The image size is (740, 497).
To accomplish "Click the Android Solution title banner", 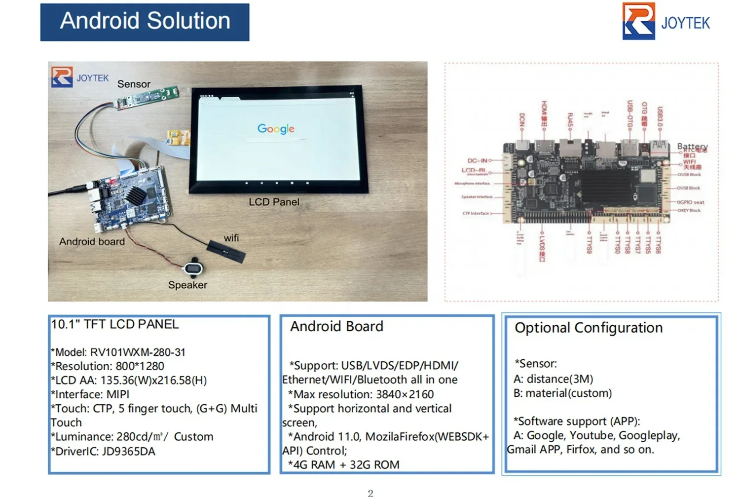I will point(145,22).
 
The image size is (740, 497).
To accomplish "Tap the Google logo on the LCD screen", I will point(276,128).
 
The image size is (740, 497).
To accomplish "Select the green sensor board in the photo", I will point(146,97).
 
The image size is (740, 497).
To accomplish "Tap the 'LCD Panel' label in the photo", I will point(274,202).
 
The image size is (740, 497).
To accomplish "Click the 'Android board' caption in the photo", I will point(92,241).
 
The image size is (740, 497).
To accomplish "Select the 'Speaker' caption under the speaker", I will point(187,285).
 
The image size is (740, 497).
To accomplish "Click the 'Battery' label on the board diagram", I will point(692,147).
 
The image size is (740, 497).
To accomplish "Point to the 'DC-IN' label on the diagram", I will point(477,160).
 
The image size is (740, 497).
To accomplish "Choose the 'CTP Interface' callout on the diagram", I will point(476,214).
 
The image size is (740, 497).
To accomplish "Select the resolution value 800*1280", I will point(140,366).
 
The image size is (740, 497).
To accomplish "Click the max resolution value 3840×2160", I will point(405,394).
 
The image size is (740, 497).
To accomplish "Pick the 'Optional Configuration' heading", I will point(589,328).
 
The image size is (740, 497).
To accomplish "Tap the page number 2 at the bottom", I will point(370,493).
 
